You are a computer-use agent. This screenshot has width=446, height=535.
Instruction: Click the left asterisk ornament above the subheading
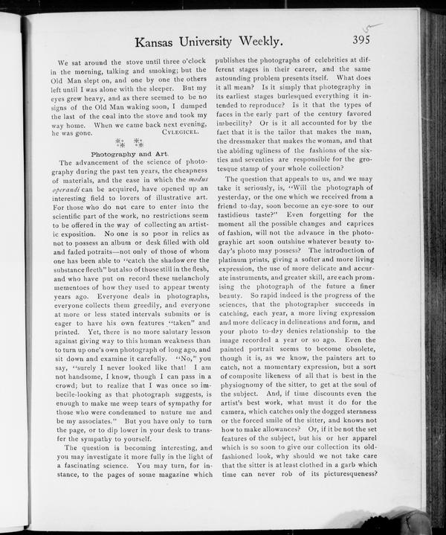tap(119, 142)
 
